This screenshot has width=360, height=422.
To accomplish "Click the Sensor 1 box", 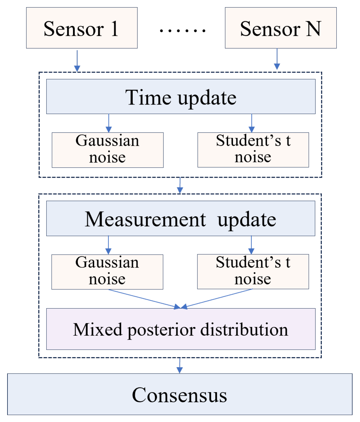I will [82, 28].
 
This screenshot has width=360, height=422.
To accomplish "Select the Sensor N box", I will [280, 28].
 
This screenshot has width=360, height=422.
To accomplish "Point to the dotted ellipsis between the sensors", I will [182, 30].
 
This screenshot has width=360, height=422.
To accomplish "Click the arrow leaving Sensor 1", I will [77, 60].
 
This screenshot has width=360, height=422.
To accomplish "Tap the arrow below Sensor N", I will [277, 59].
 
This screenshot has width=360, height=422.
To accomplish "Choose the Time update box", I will [181, 97].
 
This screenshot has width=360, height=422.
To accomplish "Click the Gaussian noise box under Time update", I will [107, 150].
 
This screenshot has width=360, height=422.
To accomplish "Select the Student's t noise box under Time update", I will [253, 150].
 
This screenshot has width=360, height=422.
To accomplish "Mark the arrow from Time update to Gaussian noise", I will [109, 123].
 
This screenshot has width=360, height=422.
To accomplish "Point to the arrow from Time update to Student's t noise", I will [252, 123].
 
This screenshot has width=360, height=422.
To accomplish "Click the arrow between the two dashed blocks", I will [180, 185].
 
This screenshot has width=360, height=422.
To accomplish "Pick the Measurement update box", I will [181, 218].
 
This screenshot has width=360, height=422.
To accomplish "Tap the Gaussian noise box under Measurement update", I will [107, 272].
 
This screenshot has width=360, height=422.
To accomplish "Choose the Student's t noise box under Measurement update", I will [253, 271].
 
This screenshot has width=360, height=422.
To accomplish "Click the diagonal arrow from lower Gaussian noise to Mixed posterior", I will [144, 299].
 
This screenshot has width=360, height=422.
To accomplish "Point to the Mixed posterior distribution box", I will [181, 329].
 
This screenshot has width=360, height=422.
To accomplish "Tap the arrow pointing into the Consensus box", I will [180, 365].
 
